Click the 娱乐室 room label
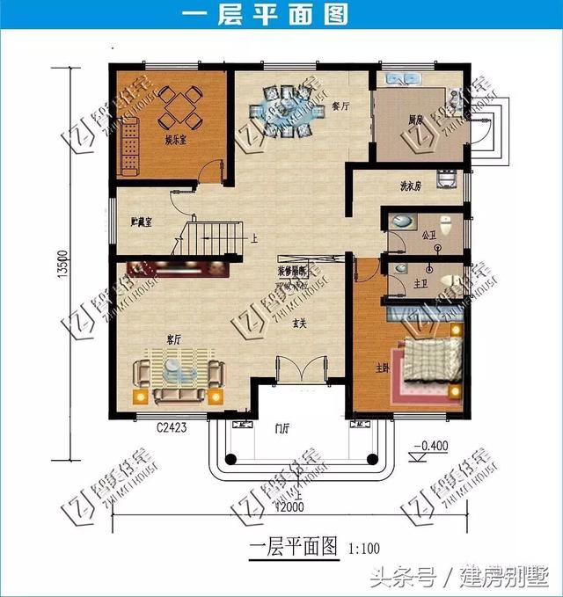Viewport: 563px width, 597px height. pos(175,139)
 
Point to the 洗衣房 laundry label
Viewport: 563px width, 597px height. pos(412,187)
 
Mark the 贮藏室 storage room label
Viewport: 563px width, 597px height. pos(141,222)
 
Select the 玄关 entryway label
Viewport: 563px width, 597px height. pos(300,323)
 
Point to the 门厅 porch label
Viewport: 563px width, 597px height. pos(282,429)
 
